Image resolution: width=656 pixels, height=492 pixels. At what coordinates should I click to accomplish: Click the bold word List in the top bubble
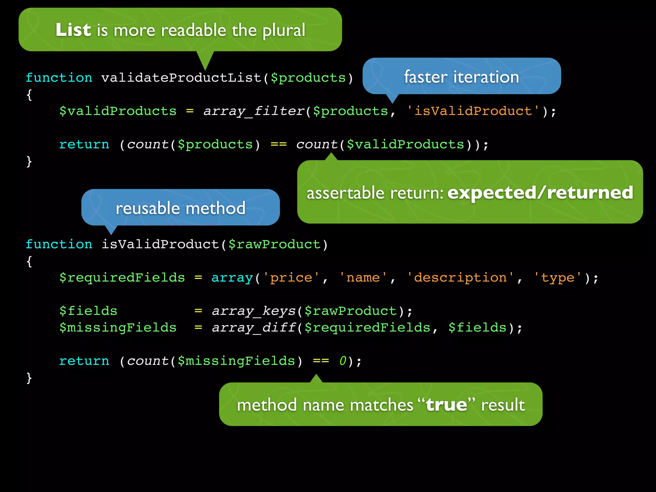73,30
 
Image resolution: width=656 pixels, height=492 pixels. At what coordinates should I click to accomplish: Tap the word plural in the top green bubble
284,31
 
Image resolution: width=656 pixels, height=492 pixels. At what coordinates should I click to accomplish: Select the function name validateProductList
181,78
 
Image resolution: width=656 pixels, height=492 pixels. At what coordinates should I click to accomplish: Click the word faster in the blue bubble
425,77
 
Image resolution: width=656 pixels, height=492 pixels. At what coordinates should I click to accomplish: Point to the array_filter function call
254,111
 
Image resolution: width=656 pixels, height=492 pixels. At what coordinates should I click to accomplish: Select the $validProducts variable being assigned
118,111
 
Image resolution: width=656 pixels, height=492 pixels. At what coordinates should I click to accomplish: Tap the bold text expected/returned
540,193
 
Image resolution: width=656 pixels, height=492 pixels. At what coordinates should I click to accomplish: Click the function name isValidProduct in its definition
160,244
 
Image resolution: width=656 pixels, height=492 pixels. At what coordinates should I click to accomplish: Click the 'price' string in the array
291,278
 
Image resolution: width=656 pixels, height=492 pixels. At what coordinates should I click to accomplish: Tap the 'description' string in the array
460,278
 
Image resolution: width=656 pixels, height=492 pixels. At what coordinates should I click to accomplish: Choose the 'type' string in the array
557,278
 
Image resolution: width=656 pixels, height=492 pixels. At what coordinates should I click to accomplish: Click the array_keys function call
253,311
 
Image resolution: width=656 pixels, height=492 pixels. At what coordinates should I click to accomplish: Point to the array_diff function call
253,328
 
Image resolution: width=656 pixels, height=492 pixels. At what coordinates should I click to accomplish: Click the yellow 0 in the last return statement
343,361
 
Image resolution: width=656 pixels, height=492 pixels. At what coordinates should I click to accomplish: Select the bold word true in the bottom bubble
446,405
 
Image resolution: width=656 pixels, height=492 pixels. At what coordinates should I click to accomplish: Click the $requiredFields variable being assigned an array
122,278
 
